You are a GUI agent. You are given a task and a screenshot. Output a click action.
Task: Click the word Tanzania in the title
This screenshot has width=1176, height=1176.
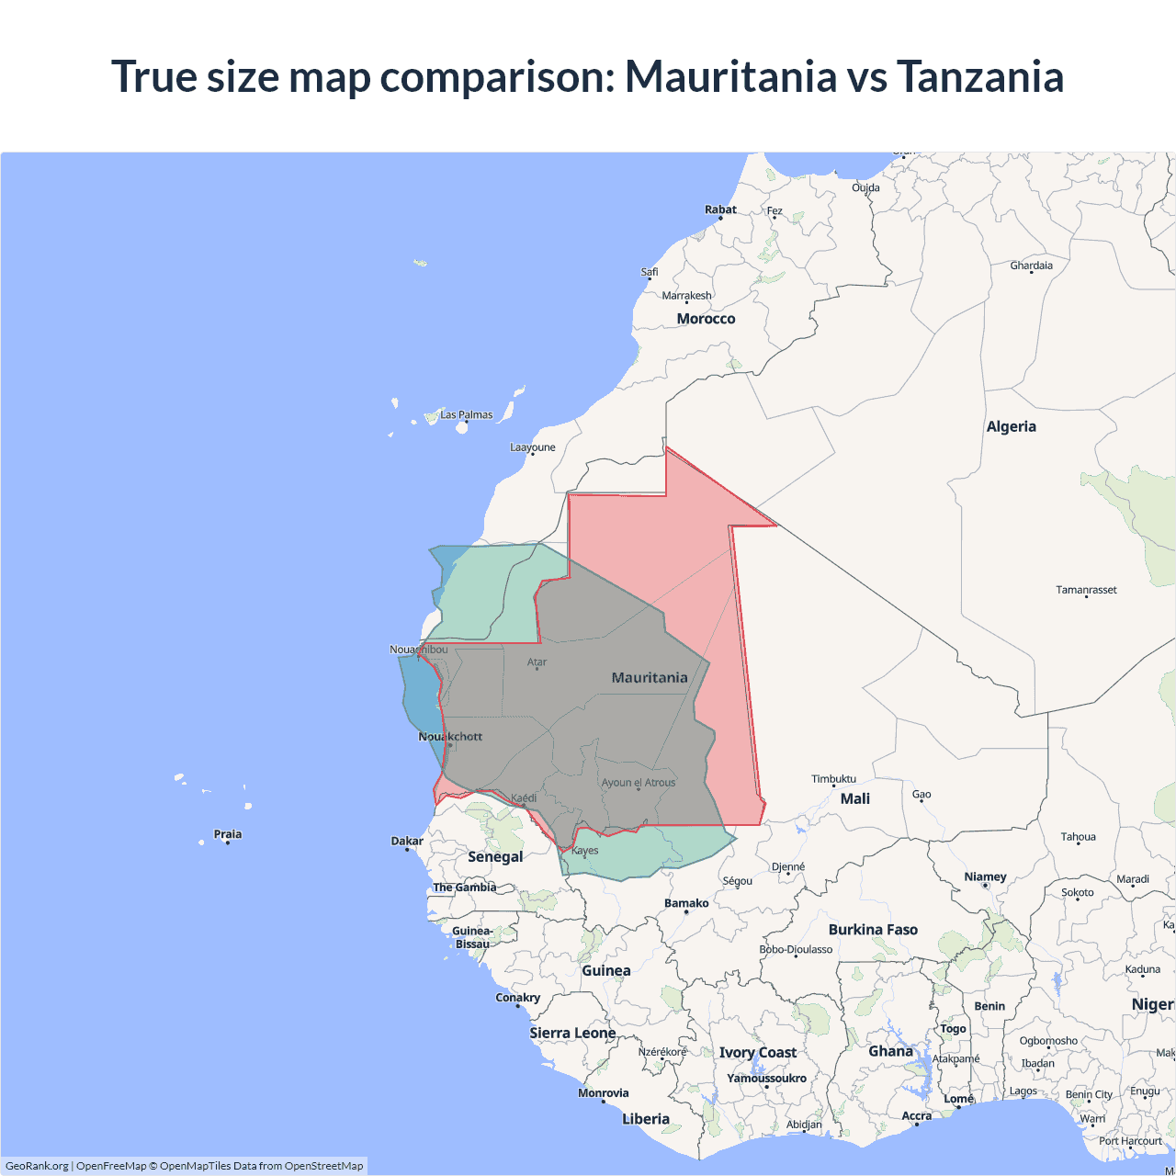[979, 76]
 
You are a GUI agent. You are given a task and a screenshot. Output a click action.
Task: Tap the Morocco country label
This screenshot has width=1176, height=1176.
[706, 319]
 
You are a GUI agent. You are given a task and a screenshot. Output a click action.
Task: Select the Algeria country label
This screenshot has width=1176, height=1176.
[1011, 426]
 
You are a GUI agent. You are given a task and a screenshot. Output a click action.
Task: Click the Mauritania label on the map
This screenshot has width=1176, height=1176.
[650, 678]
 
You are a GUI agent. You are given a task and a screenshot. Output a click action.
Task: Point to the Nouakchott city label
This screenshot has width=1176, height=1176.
[450, 737]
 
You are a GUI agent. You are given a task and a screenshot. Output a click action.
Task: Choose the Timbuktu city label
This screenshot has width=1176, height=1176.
[833, 779]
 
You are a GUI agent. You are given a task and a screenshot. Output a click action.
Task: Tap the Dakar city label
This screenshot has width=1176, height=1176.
[407, 841]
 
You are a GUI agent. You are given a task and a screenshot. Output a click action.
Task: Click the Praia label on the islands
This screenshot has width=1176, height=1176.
[228, 834]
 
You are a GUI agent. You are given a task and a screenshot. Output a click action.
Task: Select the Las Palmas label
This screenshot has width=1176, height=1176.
[466, 415]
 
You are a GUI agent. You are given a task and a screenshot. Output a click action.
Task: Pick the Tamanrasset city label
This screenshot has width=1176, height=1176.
[1086, 590]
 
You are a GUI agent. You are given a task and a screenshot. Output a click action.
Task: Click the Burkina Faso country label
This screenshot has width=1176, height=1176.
[873, 930]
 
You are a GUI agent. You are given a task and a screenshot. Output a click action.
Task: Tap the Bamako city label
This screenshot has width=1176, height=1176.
[686, 903]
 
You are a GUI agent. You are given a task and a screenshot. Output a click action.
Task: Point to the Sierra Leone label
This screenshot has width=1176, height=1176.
[572, 1034]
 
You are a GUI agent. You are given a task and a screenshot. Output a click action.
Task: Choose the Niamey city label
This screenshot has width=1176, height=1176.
[985, 876]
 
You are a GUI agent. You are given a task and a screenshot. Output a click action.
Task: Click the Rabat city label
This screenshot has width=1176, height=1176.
[720, 209]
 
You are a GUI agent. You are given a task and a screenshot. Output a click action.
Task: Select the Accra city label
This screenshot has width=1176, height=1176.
[916, 1116]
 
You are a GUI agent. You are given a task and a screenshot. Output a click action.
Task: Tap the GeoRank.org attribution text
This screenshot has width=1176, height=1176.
[37, 1166]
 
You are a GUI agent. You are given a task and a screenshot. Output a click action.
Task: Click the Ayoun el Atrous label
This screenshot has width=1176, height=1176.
[639, 783]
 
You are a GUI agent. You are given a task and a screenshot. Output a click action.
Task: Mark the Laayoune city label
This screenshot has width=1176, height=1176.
[533, 447]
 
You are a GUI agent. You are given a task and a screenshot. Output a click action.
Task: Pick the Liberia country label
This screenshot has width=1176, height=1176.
[646, 1119]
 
